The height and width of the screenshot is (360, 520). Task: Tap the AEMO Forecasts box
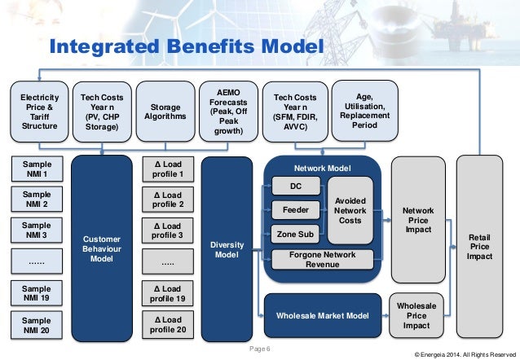(x=225, y=112)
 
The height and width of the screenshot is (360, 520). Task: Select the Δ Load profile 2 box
(x=169, y=199)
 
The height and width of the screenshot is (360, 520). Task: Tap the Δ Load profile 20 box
(x=169, y=323)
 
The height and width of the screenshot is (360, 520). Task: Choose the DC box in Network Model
(x=294, y=187)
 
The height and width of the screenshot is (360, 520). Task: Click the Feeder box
(x=294, y=210)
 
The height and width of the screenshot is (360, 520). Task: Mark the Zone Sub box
(x=294, y=235)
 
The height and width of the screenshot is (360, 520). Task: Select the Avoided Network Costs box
(x=350, y=209)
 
